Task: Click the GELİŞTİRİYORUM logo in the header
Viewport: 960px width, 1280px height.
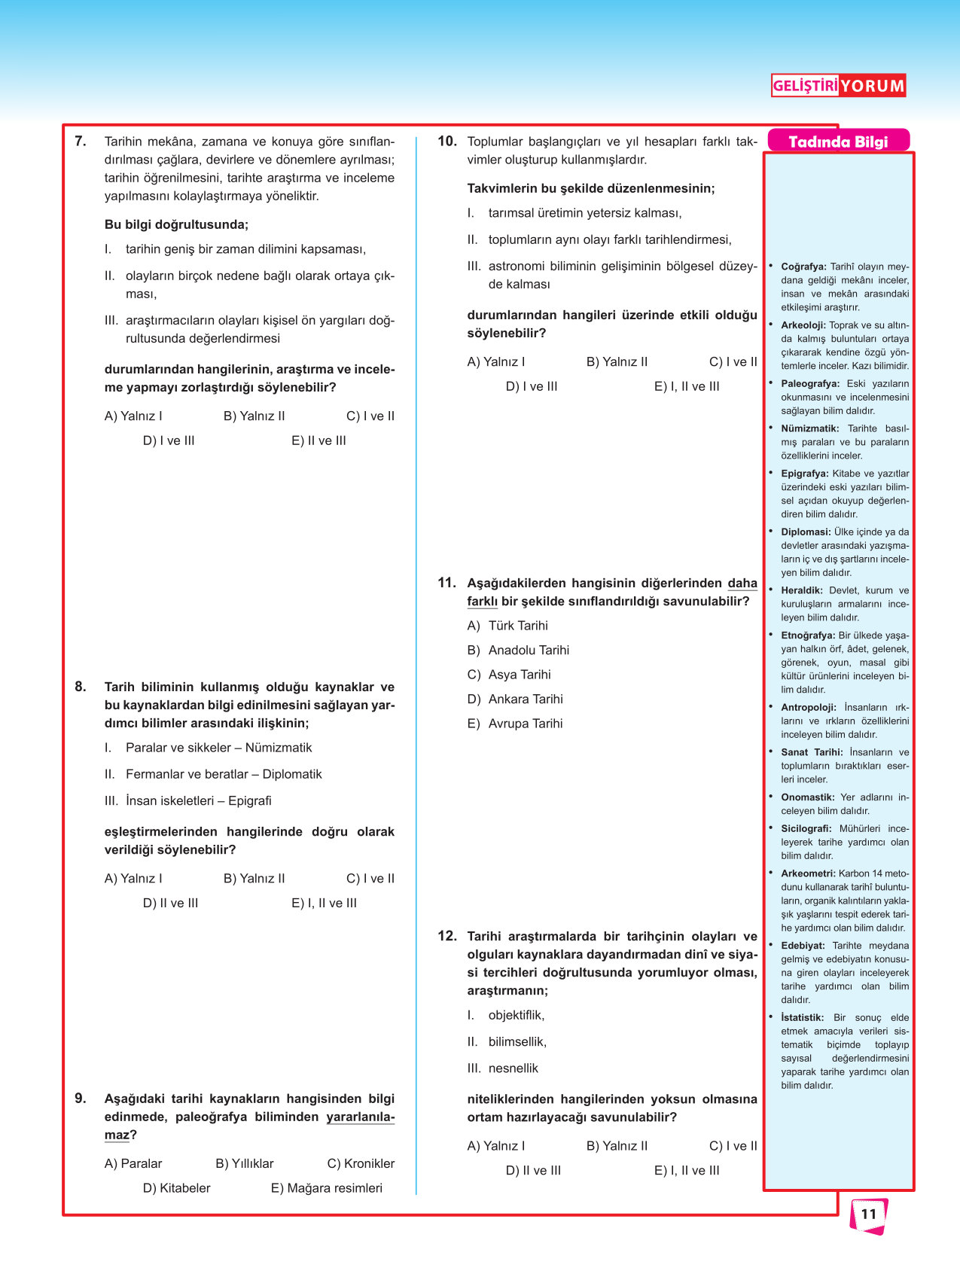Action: point(838,86)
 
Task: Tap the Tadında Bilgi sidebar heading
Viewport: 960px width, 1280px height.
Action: point(838,142)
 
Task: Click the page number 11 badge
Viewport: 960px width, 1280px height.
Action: point(869,1214)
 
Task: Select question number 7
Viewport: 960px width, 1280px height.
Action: point(81,142)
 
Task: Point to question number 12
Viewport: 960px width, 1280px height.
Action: point(447,936)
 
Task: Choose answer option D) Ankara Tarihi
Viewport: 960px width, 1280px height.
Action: point(515,699)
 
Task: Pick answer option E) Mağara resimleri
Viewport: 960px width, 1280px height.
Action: point(327,1188)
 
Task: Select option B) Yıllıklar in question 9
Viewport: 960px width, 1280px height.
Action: point(245,1163)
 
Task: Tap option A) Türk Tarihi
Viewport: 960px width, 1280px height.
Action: point(507,626)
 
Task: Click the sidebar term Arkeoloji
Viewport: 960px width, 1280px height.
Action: point(803,325)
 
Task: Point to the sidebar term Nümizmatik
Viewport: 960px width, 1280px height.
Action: point(809,428)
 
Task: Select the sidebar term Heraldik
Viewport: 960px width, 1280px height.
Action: point(801,591)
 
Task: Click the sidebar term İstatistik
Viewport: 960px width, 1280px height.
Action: point(802,1018)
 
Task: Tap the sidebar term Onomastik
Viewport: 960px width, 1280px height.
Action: point(807,797)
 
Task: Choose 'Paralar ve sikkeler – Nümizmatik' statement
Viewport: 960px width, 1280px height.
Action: point(218,748)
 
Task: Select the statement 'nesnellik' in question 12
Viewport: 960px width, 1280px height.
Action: point(513,1068)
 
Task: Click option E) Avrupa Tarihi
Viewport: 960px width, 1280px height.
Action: point(515,724)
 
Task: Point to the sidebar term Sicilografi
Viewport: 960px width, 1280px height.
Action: point(806,829)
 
